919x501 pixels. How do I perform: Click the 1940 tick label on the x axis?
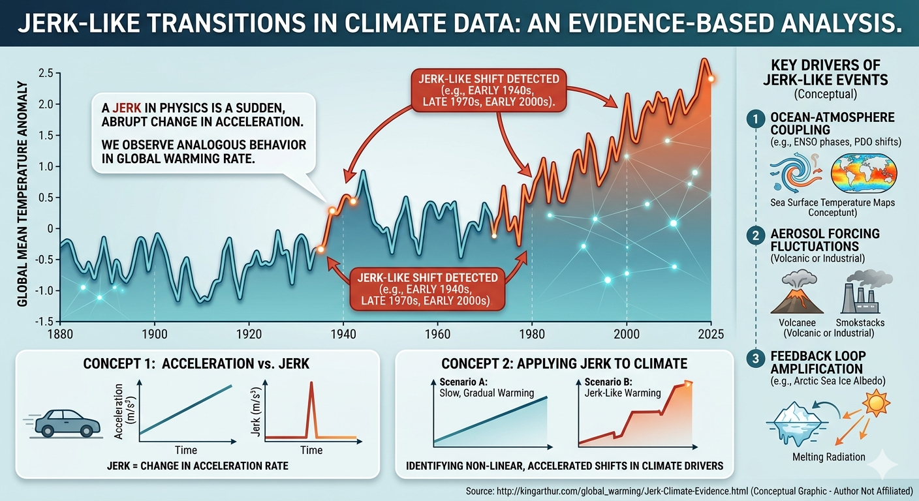(343, 334)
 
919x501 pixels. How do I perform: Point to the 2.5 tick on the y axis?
(46, 73)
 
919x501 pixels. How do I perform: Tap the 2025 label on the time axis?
(711, 334)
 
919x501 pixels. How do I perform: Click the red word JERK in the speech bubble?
(127, 108)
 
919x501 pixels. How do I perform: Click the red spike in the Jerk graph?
(311, 410)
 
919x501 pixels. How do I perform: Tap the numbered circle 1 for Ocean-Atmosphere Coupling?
(756, 119)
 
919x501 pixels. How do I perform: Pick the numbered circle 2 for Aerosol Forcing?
(756, 235)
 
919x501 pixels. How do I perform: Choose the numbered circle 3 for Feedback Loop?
(756, 358)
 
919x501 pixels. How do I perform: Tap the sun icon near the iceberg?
(877, 402)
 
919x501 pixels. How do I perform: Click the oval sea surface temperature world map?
(864, 174)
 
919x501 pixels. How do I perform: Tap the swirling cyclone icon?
(796, 173)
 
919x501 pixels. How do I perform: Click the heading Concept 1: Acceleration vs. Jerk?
(196, 363)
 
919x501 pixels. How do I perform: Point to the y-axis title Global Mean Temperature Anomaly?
(22, 194)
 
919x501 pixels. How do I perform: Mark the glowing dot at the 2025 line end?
(711, 79)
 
